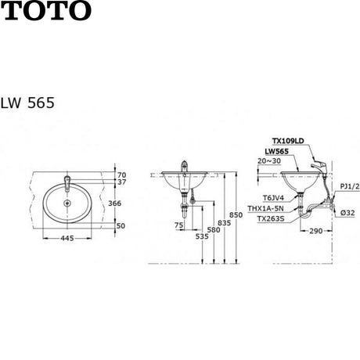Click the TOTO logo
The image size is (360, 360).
click(x=46, y=10)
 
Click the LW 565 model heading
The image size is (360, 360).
click(x=27, y=103)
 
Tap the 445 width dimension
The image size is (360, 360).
click(x=67, y=238)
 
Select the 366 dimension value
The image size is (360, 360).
click(x=115, y=203)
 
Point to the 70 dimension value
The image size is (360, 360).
click(x=121, y=175)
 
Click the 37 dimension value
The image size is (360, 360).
click(x=121, y=182)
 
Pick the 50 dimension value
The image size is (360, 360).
click(x=121, y=225)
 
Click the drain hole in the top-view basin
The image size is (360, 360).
click(x=67, y=203)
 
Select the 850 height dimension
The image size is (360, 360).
click(x=236, y=215)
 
